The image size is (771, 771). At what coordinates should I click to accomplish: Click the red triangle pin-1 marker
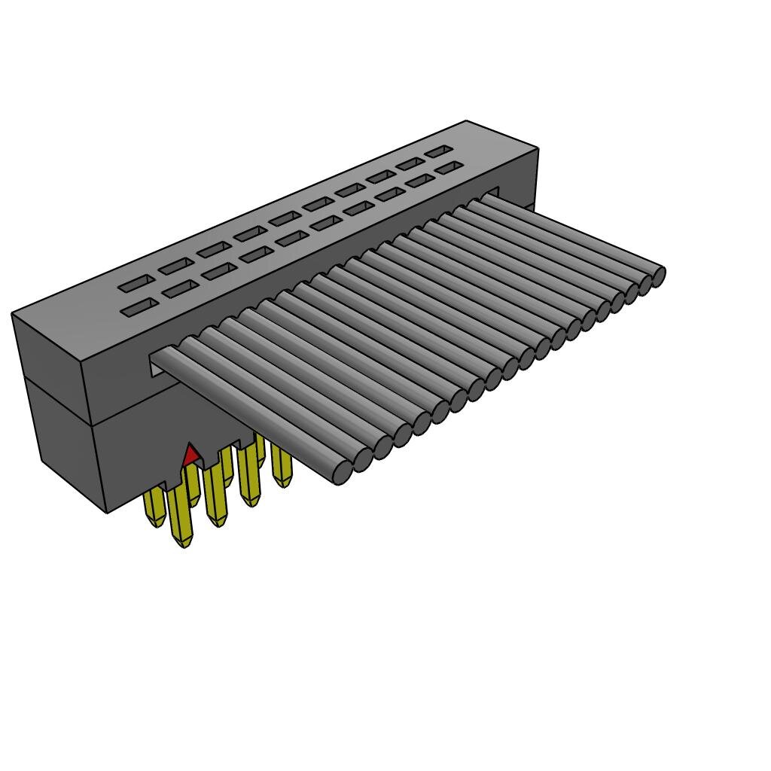coord(191,455)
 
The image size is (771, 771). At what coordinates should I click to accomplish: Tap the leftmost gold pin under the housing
coord(155,507)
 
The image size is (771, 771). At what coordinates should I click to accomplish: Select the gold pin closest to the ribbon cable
coord(282,467)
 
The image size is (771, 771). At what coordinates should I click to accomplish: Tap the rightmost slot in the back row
coord(439,152)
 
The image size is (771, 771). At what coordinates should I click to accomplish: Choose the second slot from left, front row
coord(181,288)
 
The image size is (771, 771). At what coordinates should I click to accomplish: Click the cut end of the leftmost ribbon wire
coord(343,472)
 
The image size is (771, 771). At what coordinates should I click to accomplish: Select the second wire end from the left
coord(364,459)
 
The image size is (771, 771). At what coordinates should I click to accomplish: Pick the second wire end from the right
coord(645,285)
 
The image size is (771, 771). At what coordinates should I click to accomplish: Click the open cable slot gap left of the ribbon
coord(156,367)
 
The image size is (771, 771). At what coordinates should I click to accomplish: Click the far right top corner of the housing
coord(538,149)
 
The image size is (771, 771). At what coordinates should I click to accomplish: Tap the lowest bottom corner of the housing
coord(108,513)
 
